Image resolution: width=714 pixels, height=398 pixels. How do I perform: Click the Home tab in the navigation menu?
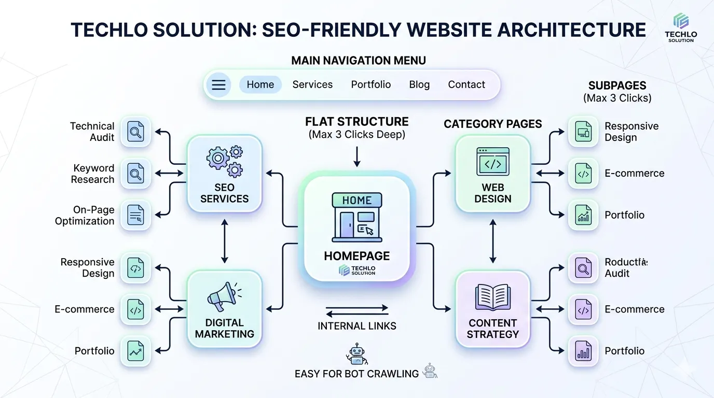[260, 84]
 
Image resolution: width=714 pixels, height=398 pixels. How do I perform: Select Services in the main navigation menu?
[312, 84]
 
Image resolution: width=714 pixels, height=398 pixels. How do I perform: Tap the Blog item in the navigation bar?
[419, 84]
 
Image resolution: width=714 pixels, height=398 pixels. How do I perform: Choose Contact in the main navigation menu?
[466, 84]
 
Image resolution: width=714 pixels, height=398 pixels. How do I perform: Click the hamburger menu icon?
[218, 85]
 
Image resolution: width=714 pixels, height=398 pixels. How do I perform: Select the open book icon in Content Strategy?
[492, 296]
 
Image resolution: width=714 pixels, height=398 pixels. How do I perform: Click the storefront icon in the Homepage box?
[357, 217]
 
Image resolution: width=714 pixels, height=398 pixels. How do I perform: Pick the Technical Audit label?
[92, 132]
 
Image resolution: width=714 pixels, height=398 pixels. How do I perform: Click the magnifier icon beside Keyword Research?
[135, 173]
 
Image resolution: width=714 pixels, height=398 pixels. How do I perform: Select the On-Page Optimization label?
[85, 215]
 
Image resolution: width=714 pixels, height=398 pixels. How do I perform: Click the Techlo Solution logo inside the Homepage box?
[357, 270]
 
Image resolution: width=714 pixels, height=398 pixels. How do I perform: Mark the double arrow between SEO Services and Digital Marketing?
[225, 241]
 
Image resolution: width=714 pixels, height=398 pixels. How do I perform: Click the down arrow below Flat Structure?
[357, 156]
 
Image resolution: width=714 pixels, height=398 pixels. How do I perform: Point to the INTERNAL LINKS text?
[357, 326]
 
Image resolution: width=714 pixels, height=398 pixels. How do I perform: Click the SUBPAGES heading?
[617, 86]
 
